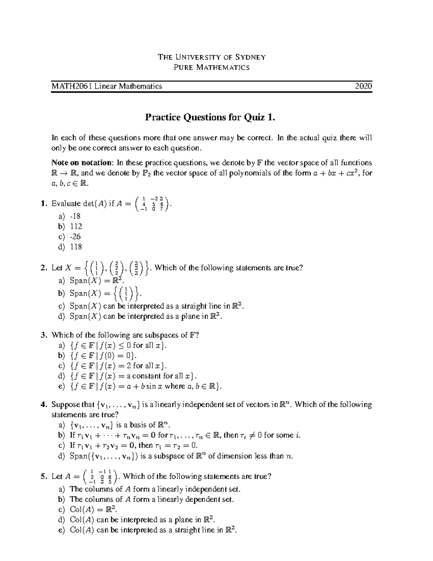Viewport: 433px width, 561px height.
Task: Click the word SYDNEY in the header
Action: click(x=250, y=57)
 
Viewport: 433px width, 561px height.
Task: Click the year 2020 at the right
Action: click(x=363, y=86)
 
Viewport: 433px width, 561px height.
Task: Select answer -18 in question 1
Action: click(x=75, y=216)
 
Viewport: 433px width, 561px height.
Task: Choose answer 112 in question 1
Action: click(x=76, y=226)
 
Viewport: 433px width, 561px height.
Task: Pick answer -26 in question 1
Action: click(x=75, y=237)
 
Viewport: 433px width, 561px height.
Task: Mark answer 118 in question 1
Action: click(x=76, y=247)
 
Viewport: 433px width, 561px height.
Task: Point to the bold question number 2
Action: click(x=44, y=268)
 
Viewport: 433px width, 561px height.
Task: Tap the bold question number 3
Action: click(x=44, y=335)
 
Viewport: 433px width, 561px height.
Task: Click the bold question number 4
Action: click(x=44, y=405)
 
